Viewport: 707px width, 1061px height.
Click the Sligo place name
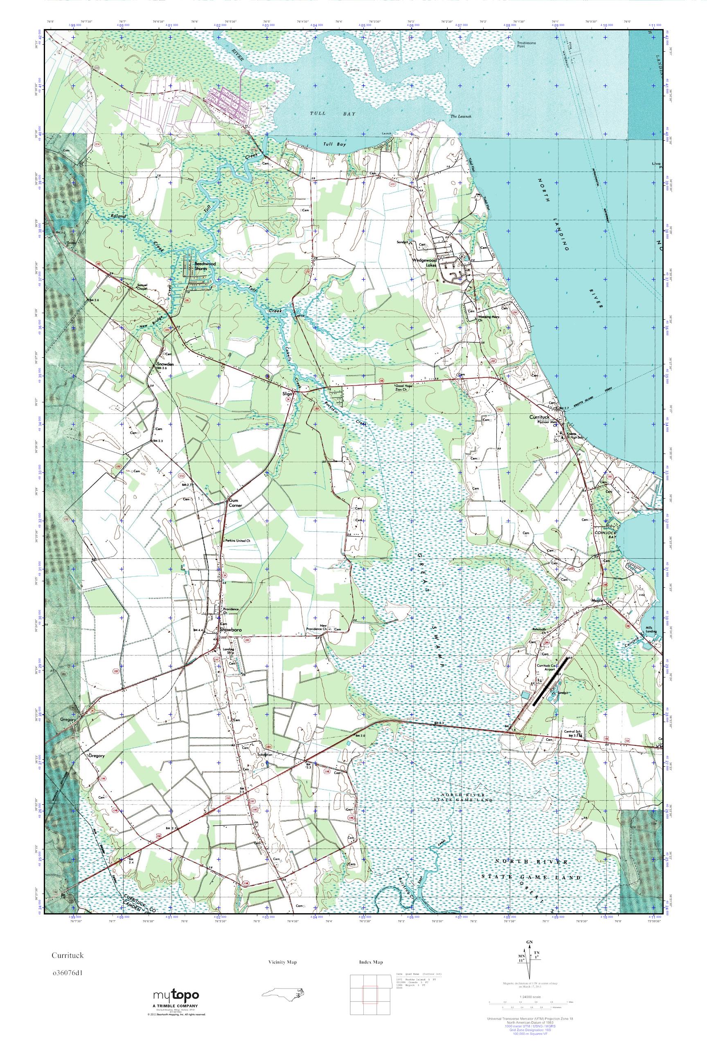coord(287,393)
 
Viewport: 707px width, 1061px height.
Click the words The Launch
coord(460,116)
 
